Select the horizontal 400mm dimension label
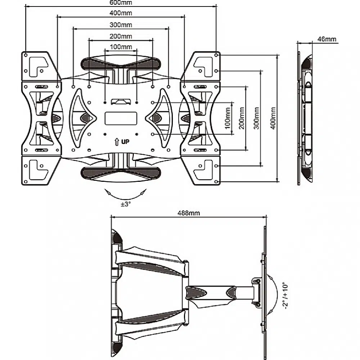[121, 13]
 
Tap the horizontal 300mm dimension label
[121, 25]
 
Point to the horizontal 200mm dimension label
[121, 36]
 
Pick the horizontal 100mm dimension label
[121, 47]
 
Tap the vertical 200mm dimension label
[242, 118]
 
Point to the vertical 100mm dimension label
[227, 118]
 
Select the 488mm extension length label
[189, 213]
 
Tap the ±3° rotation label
[126, 204]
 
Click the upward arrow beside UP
[117, 141]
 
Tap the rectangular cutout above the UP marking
[121, 118]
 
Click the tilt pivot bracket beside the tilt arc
[257, 292]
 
